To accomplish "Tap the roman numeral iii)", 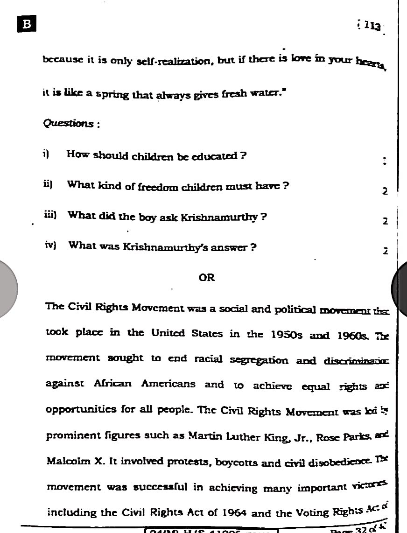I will (49, 215).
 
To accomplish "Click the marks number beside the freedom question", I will (385, 191).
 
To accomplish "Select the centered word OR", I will (207, 277).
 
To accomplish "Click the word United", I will (168, 333).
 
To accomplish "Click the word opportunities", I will (81, 409).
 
